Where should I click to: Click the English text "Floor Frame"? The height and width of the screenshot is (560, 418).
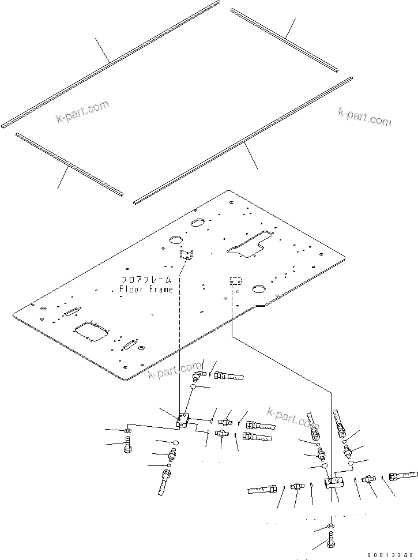146,290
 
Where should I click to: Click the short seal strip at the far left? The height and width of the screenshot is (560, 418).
69,164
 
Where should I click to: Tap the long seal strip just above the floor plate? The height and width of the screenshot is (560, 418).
242,141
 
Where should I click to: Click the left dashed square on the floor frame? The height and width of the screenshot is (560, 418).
186,254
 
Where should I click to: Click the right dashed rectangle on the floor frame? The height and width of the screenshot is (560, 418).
236,281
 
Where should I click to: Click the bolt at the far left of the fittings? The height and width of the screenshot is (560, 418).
127,445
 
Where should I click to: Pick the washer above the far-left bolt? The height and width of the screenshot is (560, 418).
127,430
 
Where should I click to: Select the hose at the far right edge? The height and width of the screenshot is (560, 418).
403,476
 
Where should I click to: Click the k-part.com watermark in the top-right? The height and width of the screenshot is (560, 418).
364,117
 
